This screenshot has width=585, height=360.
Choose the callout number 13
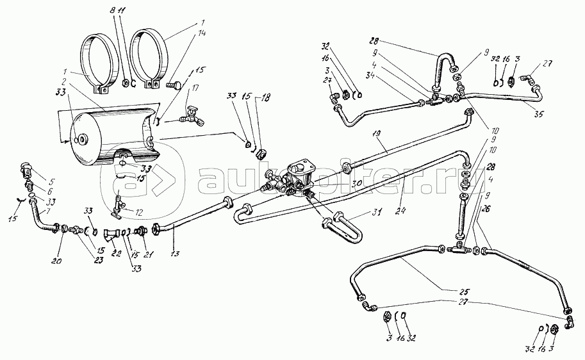[174, 252]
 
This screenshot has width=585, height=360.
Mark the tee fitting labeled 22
[115, 233]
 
